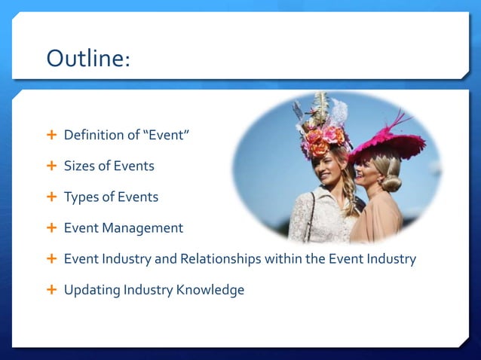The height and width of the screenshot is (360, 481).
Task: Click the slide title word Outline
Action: (x=87, y=57)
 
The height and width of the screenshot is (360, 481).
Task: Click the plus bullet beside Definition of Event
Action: (x=51, y=136)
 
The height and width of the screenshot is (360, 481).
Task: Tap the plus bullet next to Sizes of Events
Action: (x=51, y=166)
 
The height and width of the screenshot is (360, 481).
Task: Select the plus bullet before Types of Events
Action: (x=51, y=197)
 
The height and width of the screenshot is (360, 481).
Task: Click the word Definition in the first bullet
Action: (x=92, y=136)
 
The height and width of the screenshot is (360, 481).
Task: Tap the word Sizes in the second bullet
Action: (x=79, y=166)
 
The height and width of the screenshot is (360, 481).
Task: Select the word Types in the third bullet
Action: (x=81, y=197)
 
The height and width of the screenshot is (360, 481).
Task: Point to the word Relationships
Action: (x=222, y=259)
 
